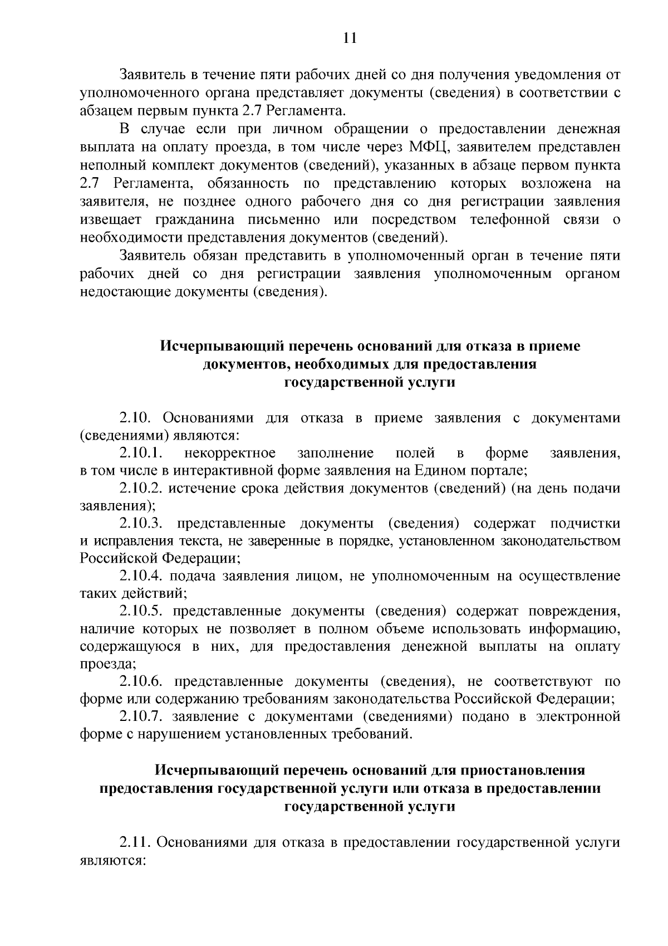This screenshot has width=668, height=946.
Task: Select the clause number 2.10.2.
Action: click(140, 489)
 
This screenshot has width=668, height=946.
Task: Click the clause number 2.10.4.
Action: click(140, 576)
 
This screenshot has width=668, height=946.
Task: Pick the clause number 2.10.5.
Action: click(140, 611)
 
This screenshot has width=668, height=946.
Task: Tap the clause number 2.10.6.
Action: click(140, 681)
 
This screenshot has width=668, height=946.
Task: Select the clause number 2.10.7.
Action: click(140, 716)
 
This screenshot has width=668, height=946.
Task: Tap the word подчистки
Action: click(585, 524)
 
